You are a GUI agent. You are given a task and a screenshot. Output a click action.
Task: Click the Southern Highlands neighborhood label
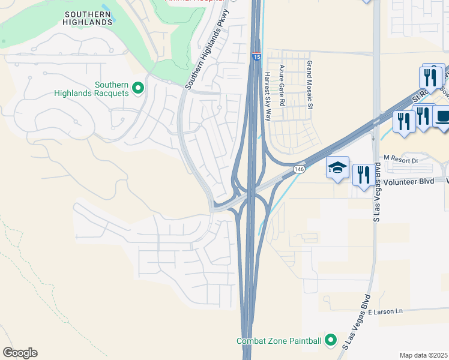click(x=88, y=17)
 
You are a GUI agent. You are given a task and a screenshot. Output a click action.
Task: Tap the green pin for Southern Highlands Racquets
click(x=137, y=88)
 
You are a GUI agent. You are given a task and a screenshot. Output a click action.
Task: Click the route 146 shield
click(x=298, y=170)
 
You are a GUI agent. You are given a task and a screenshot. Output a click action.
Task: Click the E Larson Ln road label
click(x=385, y=311)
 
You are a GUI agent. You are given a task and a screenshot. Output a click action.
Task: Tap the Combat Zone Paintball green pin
click(x=330, y=340)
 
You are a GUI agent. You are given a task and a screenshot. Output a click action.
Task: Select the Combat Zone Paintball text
click(x=279, y=341)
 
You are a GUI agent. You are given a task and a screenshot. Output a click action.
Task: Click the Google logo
click(x=20, y=352)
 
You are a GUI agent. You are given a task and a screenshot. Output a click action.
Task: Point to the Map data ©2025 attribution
click(x=424, y=355)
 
